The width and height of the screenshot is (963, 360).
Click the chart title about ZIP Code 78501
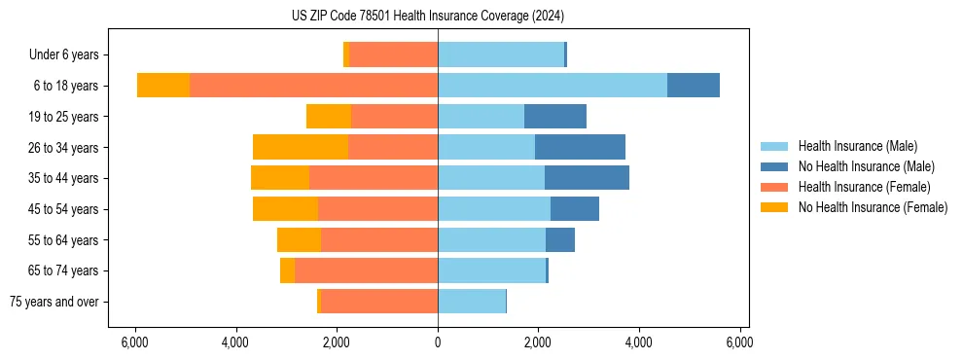pos(428,16)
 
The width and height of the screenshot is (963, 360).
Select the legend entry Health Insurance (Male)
pos(856,146)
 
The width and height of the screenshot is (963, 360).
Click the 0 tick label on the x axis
pos(438,342)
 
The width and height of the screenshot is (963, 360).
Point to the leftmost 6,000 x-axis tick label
pos(135,342)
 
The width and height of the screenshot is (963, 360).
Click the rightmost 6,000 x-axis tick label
pos(739,342)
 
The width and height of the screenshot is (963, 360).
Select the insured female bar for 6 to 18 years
pos(313,86)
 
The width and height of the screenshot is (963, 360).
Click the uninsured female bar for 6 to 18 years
pos(163,86)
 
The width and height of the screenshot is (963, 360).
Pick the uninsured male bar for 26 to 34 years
pos(580,147)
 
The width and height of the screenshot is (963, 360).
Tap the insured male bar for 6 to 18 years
pos(552,86)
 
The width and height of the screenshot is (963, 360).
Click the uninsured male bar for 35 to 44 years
pos(587,178)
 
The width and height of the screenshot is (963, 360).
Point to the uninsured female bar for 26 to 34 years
pos(301,147)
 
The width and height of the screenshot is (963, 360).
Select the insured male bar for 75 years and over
pos(472,302)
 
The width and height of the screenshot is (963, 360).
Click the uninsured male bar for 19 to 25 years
pos(555,117)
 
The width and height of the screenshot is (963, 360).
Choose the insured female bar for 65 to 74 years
pos(366,270)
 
